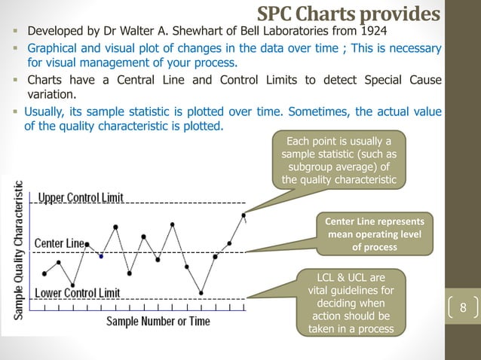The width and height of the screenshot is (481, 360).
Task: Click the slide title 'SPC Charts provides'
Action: coord(348,14)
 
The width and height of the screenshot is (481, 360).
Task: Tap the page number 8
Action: coord(464,308)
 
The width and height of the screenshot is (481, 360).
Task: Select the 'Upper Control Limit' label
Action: coord(81,197)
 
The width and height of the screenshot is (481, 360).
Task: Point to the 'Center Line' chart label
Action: coord(60,243)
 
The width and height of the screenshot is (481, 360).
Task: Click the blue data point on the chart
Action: coord(102,255)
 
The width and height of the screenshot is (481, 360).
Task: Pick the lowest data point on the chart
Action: coord(201,292)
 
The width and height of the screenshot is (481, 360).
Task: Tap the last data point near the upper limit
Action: coord(244,215)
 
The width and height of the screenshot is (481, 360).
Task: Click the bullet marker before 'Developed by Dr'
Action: coord(15,33)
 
